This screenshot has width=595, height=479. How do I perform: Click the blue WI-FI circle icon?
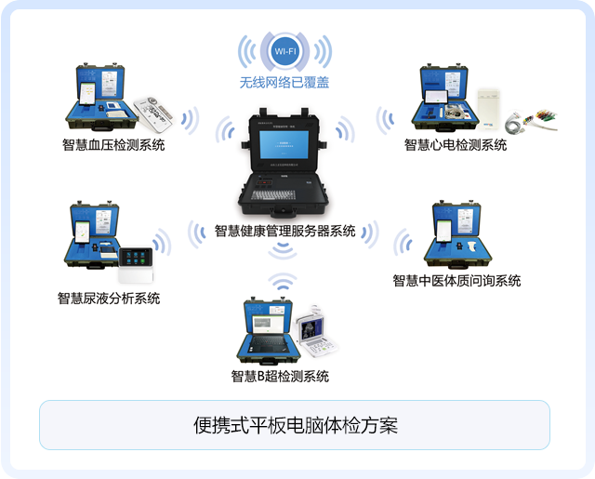[284, 50]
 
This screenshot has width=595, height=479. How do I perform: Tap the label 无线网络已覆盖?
[284, 84]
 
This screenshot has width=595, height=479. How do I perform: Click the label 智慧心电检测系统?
[456, 145]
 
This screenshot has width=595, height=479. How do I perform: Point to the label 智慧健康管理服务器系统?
[284, 231]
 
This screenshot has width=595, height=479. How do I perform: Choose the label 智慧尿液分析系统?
[109, 299]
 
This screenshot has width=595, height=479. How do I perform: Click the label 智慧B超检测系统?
[280, 377]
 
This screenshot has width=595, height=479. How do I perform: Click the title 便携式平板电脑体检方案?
[296, 426]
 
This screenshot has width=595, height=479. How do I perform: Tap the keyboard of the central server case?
[274, 196]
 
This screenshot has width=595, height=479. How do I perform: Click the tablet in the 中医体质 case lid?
[444, 229]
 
